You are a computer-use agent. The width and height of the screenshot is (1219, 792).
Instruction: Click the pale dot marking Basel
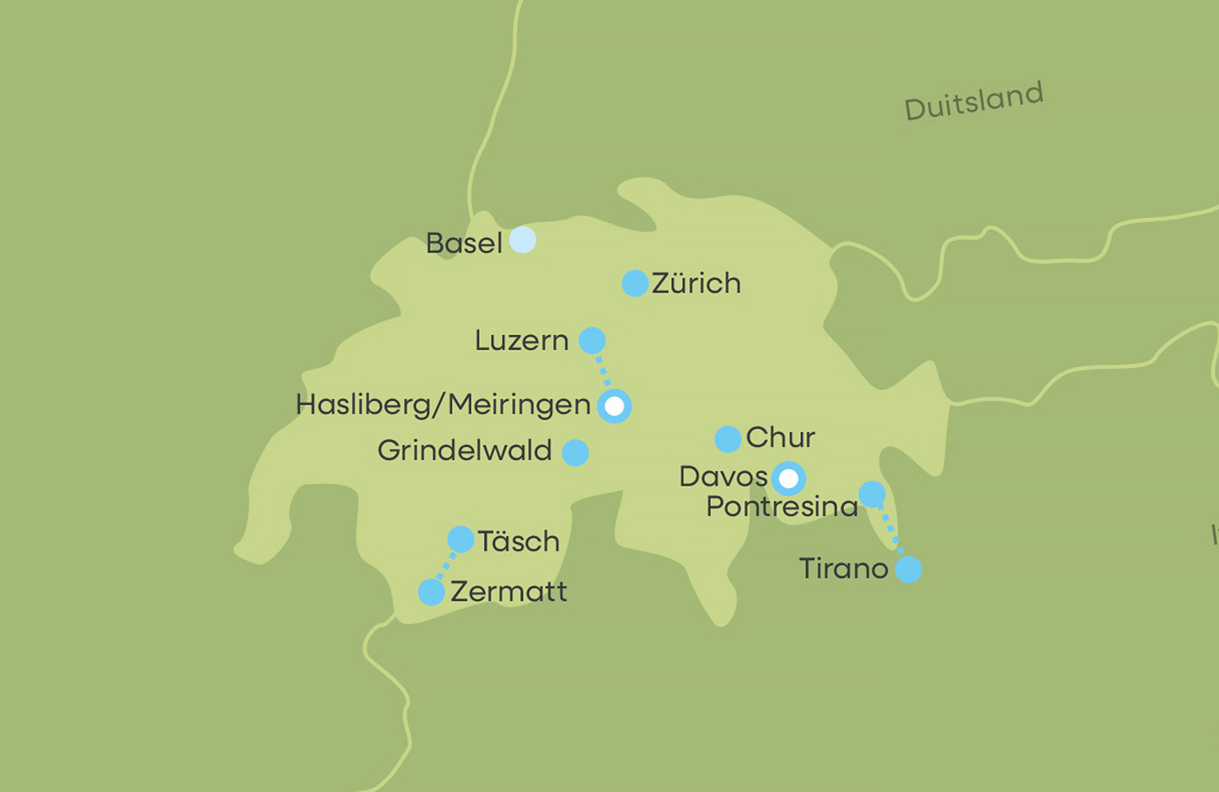tap(522, 239)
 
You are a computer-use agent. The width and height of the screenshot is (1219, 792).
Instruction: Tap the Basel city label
tap(463, 244)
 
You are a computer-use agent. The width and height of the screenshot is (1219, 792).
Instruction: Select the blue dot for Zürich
tap(635, 283)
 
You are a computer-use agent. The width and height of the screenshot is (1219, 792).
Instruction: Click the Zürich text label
tap(696, 284)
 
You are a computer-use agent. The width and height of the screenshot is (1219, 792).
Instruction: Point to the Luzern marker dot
tap(592, 340)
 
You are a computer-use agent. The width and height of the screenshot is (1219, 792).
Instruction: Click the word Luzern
tap(521, 340)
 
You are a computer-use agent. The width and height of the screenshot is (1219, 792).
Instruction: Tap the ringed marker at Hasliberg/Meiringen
tap(615, 406)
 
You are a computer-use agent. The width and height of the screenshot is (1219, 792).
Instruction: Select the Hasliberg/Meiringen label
tap(442, 405)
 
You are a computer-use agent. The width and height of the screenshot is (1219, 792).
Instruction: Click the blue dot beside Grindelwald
tap(575, 453)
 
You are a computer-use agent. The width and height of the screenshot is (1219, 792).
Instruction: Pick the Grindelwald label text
tap(464, 451)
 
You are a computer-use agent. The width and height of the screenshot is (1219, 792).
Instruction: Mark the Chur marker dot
tap(728, 439)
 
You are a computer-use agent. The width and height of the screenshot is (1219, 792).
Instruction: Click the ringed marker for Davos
tap(788, 479)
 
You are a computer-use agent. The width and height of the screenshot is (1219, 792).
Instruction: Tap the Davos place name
tap(723, 477)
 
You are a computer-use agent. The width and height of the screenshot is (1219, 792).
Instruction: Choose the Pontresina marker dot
tap(872, 494)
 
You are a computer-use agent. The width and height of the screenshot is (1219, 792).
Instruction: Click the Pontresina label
tap(781, 507)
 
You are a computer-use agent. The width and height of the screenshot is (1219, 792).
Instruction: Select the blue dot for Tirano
tap(908, 570)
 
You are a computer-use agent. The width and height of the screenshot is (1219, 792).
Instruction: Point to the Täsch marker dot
tap(461, 540)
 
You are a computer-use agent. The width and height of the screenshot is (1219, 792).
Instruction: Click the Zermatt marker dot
tap(431, 592)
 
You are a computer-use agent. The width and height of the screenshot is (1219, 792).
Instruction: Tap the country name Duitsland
tap(973, 101)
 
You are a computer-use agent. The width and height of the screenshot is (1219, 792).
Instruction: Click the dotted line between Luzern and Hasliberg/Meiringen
tap(603, 372)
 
